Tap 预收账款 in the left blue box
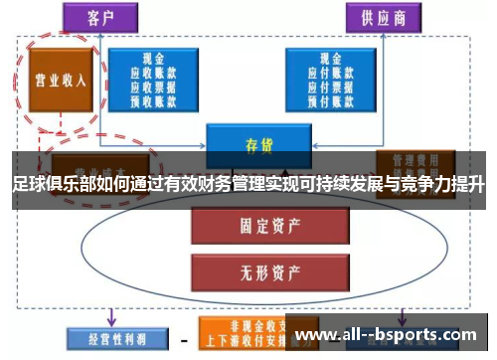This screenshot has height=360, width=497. click(x=155, y=98)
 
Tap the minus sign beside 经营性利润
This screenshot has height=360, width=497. click(x=184, y=339)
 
